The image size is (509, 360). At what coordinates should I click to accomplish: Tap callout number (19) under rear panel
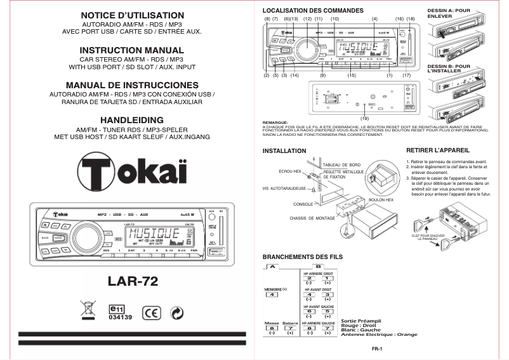pos(364,118)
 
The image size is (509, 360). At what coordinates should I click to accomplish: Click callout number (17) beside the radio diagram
pos(407,75)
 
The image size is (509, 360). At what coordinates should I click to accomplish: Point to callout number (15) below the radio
pos(352,75)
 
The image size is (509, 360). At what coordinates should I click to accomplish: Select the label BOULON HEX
pos(381,199)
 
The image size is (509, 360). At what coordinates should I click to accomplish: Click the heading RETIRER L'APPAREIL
pos(437,150)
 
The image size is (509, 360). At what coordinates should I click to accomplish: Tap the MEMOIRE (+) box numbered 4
pos(272,295)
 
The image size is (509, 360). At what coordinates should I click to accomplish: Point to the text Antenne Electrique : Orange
pos(379,335)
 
